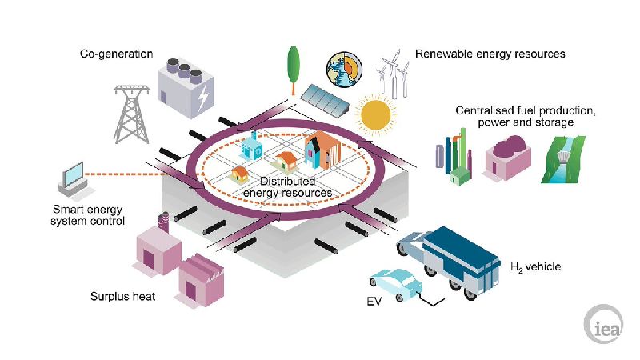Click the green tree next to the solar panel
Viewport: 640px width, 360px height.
(x=294, y=62)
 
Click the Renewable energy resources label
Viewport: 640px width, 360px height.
(x=490, y=54)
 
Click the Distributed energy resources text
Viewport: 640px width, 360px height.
(x=287, y=187)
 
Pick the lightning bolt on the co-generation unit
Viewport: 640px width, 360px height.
(x=205, y=98)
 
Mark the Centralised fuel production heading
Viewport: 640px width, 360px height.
(x=525, y=117)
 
